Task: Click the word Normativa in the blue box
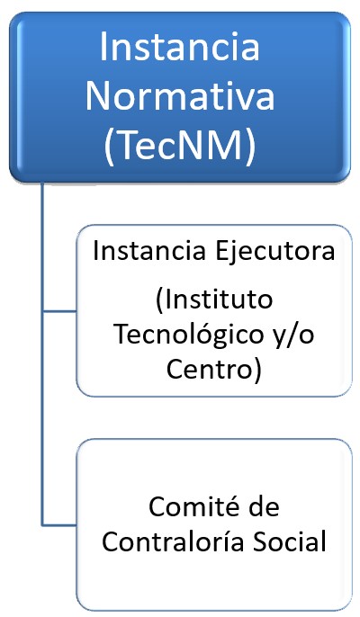coord(180,96)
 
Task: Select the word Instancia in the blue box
coord(180,47)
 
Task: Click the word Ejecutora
coord(274,252)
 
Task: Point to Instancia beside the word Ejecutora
coord(149,251)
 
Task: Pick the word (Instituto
coord(214,300)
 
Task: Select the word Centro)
coord(214,370)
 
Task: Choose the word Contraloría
coord(172,541)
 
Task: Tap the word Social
coord(289,541)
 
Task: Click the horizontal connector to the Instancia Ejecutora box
coord(59,311)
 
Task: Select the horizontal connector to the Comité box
coord(59,525)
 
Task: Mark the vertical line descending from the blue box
coord(42,354)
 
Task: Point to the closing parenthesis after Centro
coord(257,371)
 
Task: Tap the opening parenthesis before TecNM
coord(110,148)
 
